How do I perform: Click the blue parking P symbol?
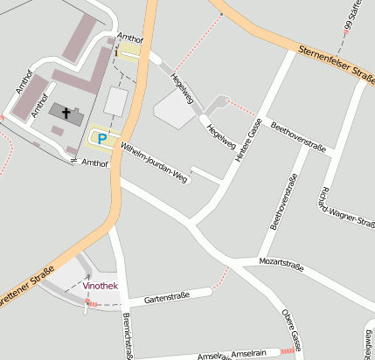(x=102, y=138)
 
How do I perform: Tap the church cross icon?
(x=66, y=112)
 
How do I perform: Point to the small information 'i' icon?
(x=115, y=52)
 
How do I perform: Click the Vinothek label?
(x=101, y=286)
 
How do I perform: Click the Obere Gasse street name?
(x=292, y=329)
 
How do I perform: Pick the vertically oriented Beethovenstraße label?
(x=283, y=202)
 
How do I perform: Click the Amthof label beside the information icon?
(x=129, y=38)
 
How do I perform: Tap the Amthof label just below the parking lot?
(x=94, y=163)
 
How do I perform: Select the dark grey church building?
(x=66, y=113)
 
